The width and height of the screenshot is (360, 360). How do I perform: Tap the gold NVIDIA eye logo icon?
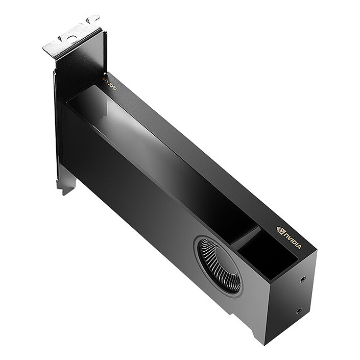tap(280, 230)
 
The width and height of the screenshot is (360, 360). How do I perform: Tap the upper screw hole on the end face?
tap(303, 279)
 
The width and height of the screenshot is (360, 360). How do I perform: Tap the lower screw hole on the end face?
tap(299, 310)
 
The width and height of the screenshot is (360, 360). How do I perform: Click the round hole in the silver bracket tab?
tap(71, 38)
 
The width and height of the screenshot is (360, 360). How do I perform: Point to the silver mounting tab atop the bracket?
tap(71, 38)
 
